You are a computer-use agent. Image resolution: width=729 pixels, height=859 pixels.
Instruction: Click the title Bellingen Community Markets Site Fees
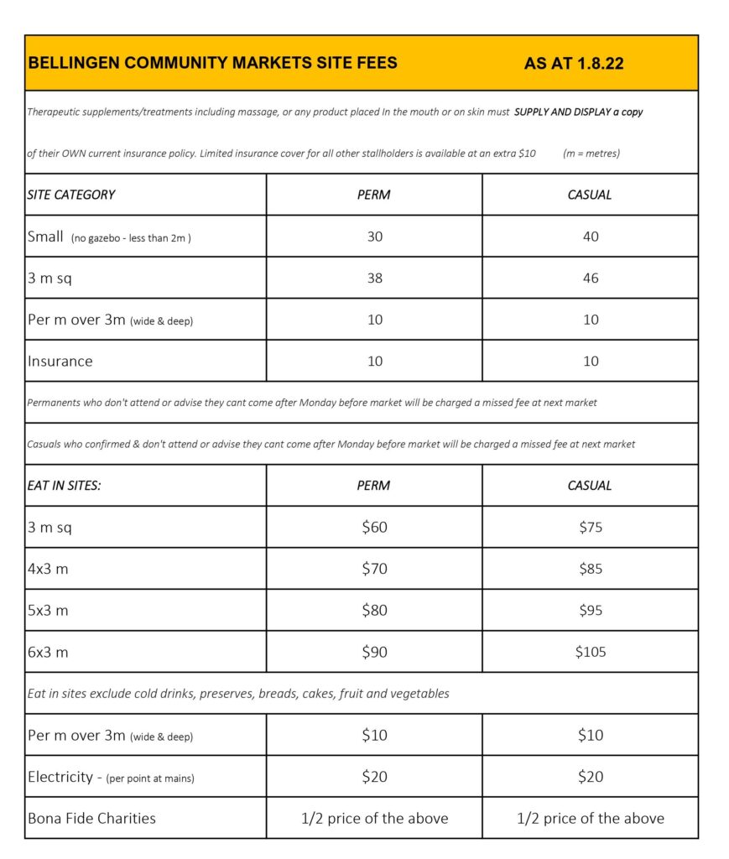tap(213, 63)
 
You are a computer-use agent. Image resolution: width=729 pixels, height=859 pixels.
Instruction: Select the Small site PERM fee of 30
tap(374, 237)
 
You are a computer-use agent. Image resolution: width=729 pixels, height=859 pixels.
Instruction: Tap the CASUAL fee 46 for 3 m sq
tap(591, 278)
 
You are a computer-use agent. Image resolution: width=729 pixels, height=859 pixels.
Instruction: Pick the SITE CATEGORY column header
tap(71, 195)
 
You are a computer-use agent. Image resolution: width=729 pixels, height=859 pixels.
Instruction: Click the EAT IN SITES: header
tap(64, 486)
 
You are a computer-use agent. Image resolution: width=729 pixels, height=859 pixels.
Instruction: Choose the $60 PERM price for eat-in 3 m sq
tap(374, 528)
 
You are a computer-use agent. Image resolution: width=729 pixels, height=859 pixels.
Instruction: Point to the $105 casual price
tap(591, 652)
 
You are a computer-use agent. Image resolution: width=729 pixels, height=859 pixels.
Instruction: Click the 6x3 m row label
tap(48, 652)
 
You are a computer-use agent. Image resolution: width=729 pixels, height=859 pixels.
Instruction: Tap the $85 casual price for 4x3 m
tap(591, 569)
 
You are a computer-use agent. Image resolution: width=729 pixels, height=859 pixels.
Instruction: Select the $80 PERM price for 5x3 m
tap(374, 611)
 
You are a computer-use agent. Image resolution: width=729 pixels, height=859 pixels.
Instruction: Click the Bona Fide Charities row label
tap(91, 818)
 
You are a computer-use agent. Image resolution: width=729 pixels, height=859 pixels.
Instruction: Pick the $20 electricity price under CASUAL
tap(591, 777)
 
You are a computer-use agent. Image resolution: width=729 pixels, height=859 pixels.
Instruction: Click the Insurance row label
tap(60, 362)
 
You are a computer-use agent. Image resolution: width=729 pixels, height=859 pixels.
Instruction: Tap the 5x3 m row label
tap(48, 611)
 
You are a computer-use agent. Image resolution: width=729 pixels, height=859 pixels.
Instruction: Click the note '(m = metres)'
tap(591, 154)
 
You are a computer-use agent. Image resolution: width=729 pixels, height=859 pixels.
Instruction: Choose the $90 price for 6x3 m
tap(374, 652)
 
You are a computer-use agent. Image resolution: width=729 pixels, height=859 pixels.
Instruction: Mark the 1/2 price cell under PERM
tap(374, 818)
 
